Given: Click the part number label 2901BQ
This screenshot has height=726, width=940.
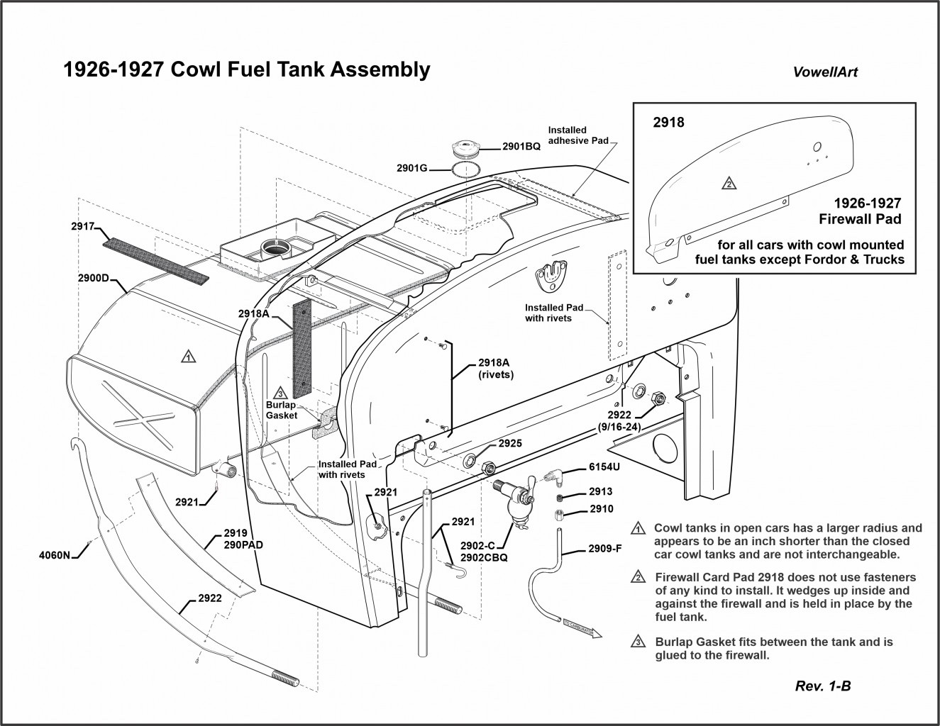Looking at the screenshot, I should click(521, 147).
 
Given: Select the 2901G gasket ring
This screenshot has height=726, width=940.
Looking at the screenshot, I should click(465, 170).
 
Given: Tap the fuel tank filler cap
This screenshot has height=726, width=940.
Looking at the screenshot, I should click(465, 149).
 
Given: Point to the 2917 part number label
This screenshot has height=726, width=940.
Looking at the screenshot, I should click(83, 227).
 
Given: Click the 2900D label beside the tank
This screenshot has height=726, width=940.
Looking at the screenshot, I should click(93, 277).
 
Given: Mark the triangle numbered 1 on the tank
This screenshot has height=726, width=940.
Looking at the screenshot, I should click(187, 356).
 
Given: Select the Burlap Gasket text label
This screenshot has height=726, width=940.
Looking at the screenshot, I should click(281, 410).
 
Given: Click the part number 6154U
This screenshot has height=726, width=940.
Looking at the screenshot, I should click(604, 469).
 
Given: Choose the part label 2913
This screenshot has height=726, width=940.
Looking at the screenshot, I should click(601, 491).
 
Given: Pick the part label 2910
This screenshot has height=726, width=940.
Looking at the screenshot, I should click(601, 509).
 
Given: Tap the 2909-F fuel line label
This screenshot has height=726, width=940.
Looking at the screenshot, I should click(605, 549).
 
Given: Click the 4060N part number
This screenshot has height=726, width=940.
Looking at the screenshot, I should click(55, 555).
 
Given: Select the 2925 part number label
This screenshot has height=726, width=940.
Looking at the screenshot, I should click(510, 443).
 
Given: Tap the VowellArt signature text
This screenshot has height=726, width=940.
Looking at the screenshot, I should click(824, 72).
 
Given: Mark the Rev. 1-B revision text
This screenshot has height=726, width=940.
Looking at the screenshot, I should click(823, 686).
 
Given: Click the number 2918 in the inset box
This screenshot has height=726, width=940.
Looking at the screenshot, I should click(668, 122).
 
